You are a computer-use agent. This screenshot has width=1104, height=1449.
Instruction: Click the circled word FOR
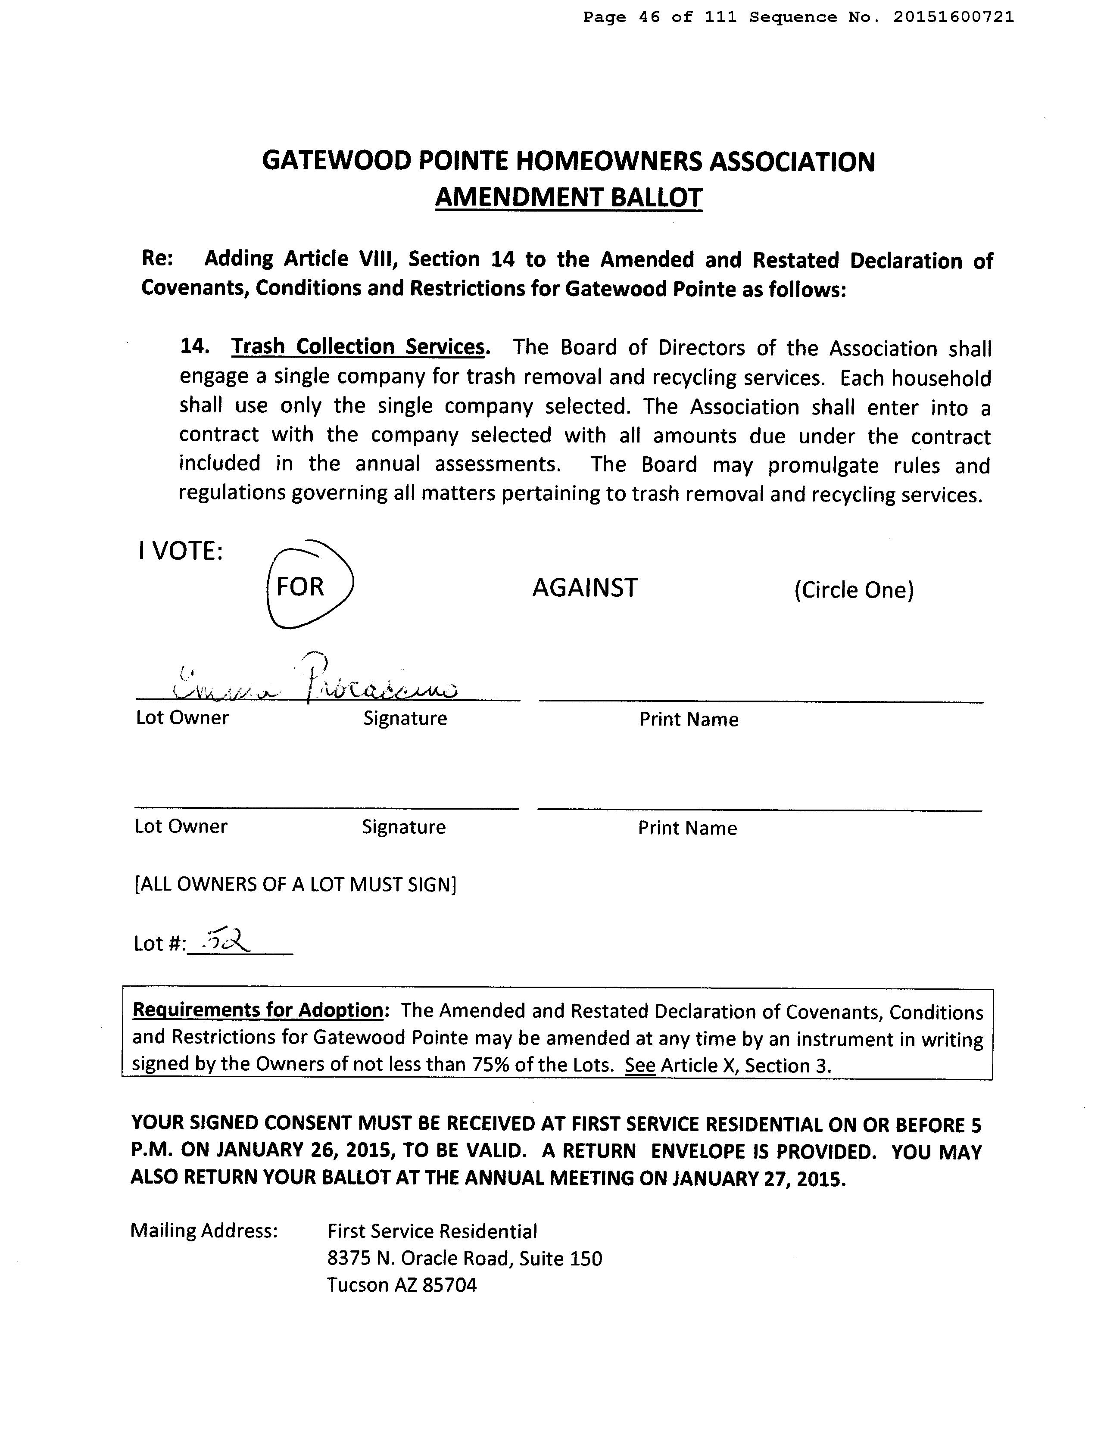pos(300,586)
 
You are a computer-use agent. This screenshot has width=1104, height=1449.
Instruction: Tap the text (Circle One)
pos(854,589)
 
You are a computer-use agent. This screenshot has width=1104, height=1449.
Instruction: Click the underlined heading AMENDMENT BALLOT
pos(568,197)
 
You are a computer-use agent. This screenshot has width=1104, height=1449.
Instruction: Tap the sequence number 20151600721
pos(953,17)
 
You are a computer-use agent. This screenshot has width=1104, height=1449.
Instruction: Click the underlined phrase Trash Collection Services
pos(358,347)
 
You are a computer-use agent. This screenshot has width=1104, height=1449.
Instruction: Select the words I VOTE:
pos(181,551)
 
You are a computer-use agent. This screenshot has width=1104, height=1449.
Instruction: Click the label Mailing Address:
pos(204,1230)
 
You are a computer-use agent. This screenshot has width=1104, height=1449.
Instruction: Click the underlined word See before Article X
pos(640,1065)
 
